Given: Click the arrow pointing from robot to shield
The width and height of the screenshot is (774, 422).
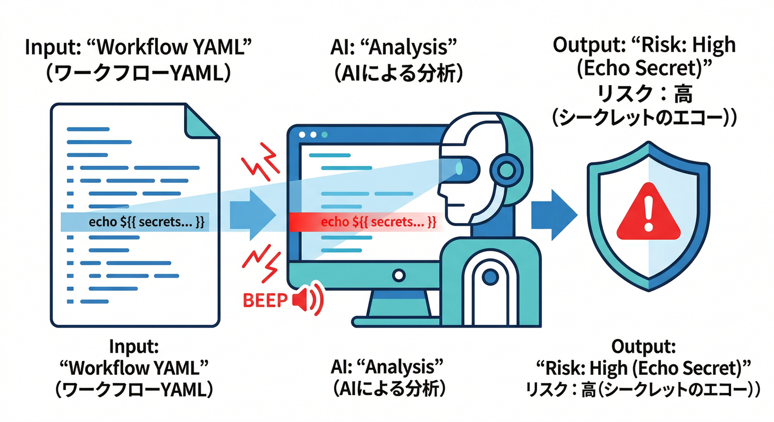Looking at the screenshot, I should pos(553,214).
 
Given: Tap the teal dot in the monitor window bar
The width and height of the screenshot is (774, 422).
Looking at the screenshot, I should pos(324,135).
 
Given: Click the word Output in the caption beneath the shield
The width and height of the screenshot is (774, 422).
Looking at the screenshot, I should pos(644,347).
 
